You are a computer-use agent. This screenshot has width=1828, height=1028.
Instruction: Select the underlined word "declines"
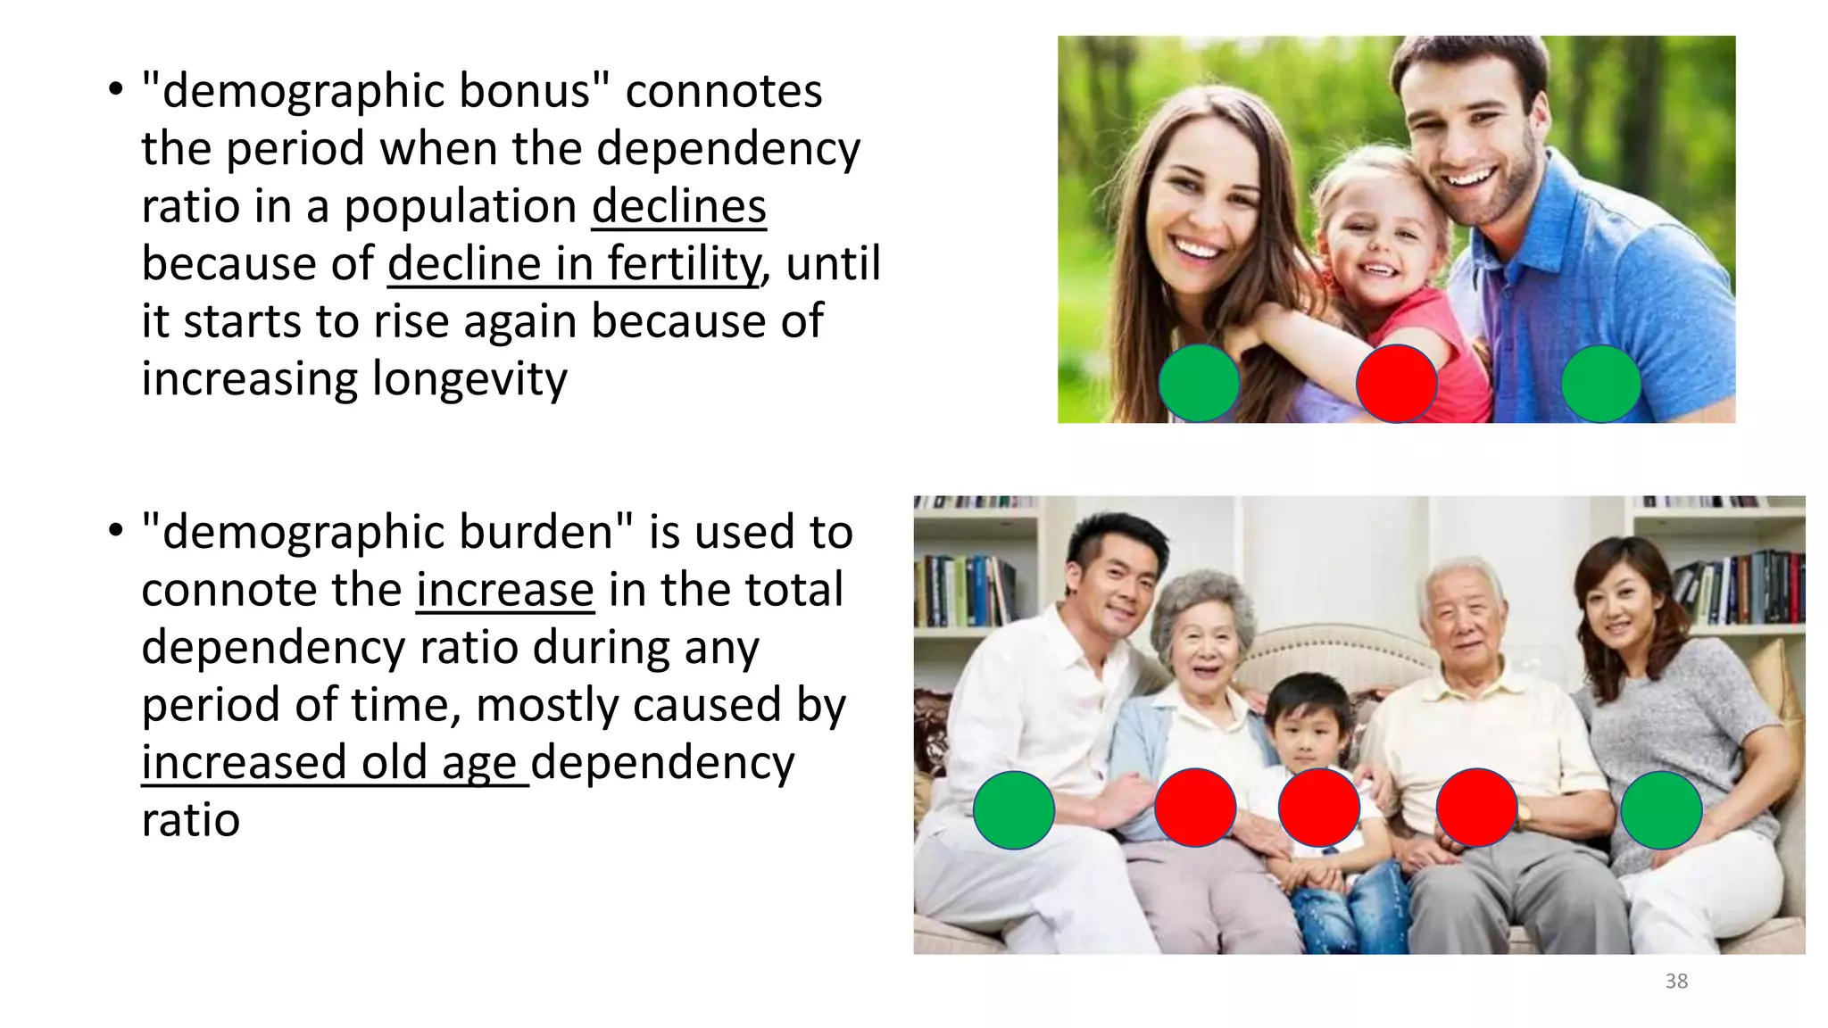point(678,207)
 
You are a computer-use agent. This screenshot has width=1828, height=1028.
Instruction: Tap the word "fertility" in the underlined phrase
point(683,264)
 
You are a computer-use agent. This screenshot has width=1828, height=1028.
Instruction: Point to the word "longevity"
point(469,379)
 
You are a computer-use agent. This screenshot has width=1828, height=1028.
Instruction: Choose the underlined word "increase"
point(505,591)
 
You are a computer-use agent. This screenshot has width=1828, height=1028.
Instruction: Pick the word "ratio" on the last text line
point(190,820)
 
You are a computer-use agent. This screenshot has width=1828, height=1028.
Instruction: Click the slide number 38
point(1676,982)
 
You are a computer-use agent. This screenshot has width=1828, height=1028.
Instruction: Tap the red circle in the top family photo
point(1396,384)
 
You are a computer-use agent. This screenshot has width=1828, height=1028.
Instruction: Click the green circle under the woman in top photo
point(1199,384)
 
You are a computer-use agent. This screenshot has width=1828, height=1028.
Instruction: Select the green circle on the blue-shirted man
point(1600,384)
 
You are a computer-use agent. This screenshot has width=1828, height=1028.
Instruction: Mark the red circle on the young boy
point(1318,808)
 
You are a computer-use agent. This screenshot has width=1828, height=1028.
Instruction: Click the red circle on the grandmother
point(1195,808)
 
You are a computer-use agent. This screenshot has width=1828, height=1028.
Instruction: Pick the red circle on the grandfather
point(1476,808)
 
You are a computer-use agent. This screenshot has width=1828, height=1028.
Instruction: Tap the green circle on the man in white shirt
point(1013,809)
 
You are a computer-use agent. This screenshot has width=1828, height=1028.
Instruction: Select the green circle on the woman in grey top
point(1660,809)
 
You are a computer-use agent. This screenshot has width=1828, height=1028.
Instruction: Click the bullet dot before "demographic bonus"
point(115,90)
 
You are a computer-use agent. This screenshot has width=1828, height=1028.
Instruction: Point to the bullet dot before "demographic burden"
point(115,531)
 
